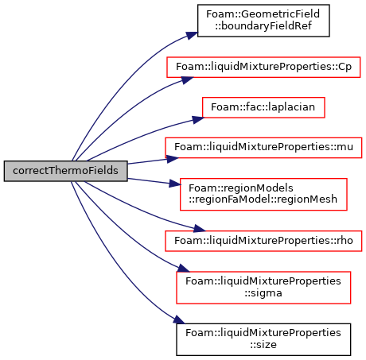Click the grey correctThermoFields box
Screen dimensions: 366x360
(65, 171)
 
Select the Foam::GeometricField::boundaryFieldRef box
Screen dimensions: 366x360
(263, 21)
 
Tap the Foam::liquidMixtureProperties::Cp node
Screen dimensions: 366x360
(263, 67)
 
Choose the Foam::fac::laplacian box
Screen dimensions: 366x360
(263, 107)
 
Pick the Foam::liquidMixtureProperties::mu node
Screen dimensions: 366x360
(263, 148)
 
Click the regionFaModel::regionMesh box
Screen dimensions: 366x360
(263, 195)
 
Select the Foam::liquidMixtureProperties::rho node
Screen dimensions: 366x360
(263, 241)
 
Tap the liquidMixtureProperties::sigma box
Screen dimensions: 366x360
(263, 288)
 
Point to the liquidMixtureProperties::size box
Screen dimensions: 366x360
(263, 339)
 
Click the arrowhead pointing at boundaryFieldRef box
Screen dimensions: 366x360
(192, 35)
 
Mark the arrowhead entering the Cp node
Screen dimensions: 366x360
(187, 79)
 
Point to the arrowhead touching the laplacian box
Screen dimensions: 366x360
(198, 120)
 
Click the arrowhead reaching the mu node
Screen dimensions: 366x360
(173, 159)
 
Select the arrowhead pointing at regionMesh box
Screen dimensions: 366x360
(174, 184)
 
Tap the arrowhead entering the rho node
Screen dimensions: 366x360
(200, 228)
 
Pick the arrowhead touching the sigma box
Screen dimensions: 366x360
(183, 268)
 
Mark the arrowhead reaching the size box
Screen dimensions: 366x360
(179, 319)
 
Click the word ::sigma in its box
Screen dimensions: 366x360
(263, 293)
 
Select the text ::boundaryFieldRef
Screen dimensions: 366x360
(263, 26)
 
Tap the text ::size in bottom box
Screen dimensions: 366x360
(263, 345)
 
